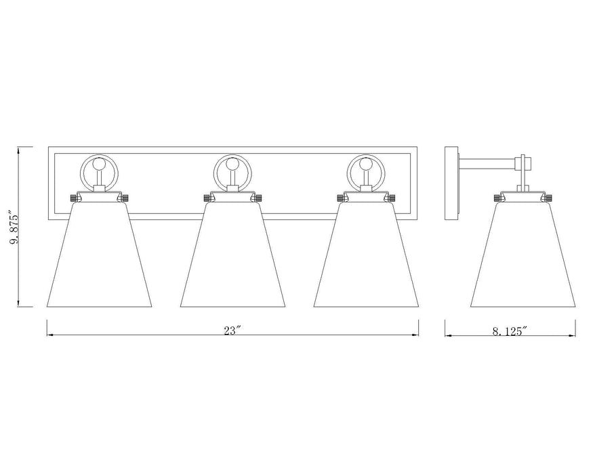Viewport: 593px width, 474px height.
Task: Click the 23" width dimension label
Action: coord(232,330)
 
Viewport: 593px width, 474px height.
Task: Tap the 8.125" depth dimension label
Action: coord(509,330)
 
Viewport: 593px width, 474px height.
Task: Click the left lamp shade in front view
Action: coord(99,257)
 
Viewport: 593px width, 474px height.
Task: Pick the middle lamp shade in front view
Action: coord(232,257)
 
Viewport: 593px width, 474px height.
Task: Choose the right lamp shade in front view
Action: coord(366,257)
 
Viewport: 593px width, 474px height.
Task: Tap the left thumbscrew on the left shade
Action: coord(72,198)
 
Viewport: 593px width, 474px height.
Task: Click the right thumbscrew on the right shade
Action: coord(393,198)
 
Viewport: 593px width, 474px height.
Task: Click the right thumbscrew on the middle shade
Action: coord(260,198)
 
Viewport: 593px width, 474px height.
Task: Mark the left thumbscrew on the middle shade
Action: coord(205,198)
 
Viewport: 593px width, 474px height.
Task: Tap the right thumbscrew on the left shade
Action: coord(126,198)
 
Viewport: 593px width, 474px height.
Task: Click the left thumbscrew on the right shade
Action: coord(339,198)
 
